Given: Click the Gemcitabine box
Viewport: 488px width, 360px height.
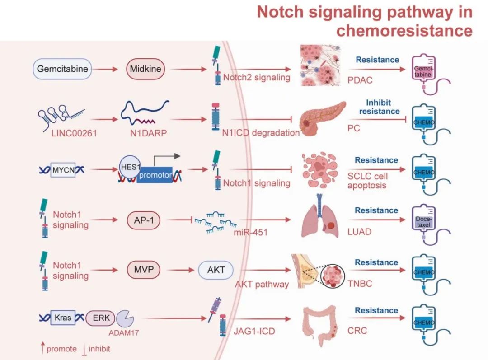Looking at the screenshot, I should [x=63, y=70].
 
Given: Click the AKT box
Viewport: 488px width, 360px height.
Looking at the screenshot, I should [x=216, y=271].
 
